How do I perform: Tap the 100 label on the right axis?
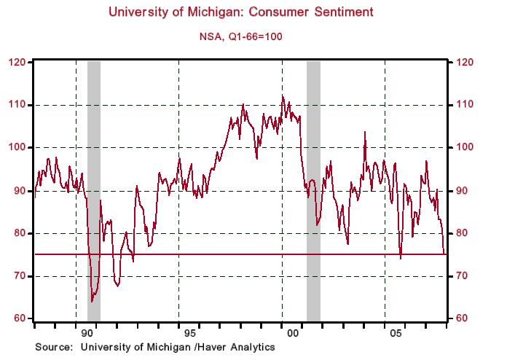click(x=463, y=148)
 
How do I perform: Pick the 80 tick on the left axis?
click(x=18, y=233)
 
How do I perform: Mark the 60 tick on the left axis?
click(x=18, y=319)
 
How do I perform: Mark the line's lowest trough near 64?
click(x=92, y=301)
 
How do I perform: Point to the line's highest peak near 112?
click(x=282, y=95)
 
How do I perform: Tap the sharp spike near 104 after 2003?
click(x=365, y=132)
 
